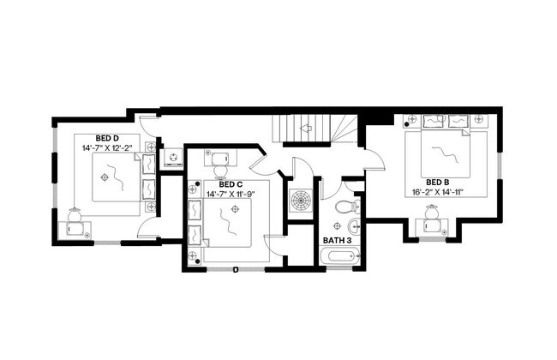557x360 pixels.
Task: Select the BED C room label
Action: coord(231,184)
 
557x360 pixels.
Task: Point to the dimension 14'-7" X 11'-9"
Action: coord(231,195)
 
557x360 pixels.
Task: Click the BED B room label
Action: coord(437,182)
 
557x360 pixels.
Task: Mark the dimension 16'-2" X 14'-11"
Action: coord(436,192)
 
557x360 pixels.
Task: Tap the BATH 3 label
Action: coord(337,239)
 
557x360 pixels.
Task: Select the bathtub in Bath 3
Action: coord(338,256)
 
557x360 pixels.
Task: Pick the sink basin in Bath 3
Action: coord(354,226)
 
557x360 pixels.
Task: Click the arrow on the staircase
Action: coord(306,127)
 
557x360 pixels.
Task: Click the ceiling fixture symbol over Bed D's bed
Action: coord(105,177)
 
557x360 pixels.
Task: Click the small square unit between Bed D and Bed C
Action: coord(173,159)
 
